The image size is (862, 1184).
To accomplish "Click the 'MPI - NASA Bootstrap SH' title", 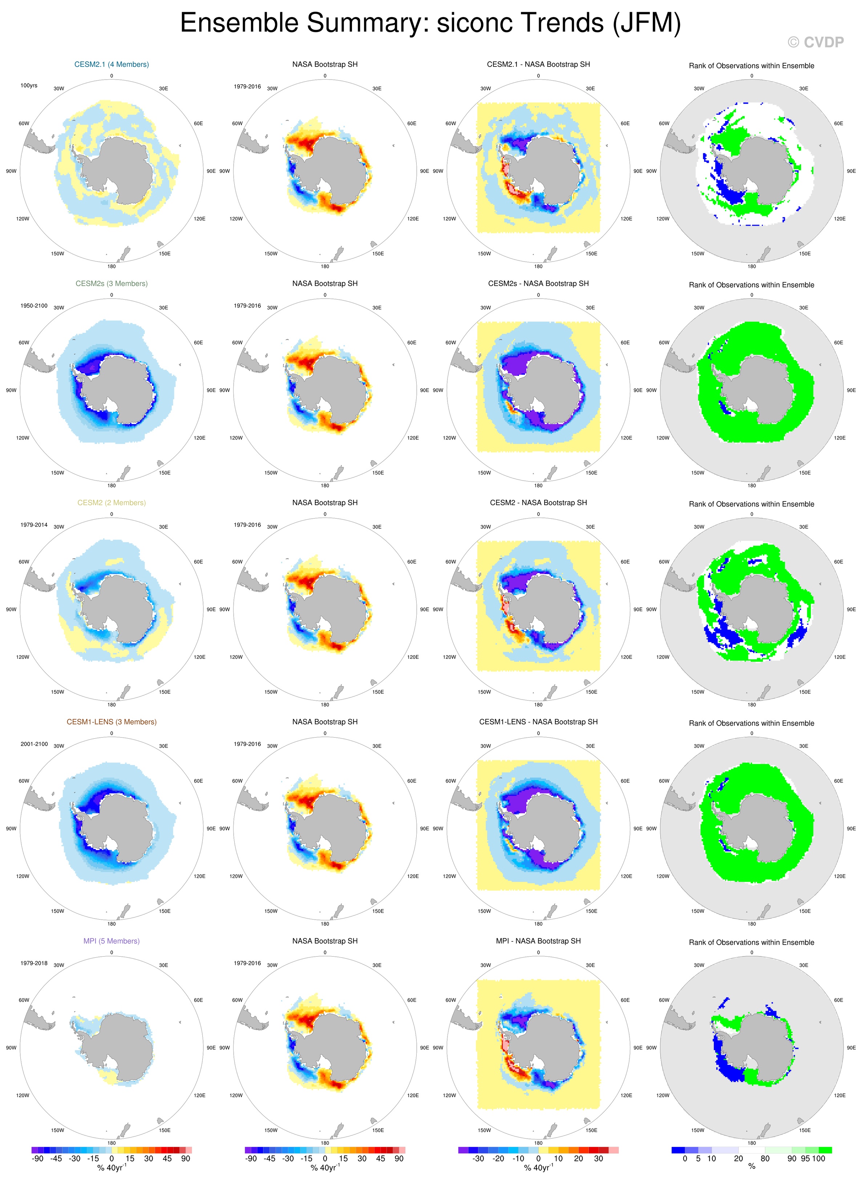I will [x=538, y=941].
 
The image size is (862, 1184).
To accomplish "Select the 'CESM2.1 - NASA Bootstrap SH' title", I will [x=538, y=64].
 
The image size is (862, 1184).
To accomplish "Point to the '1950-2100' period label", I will [x=34, y=305].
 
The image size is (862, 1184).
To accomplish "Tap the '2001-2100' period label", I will [x=34, y=744].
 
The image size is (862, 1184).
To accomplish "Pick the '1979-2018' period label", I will [x=34, y=963].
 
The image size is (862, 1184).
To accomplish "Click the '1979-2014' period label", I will [x=34, y=525].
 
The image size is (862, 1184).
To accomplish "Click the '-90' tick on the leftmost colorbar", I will [x=37, y=1159].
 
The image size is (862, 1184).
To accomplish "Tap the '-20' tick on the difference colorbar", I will [x=499, y=1159].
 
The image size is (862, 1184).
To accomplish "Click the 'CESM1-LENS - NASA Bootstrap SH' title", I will [x=538, y=722].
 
